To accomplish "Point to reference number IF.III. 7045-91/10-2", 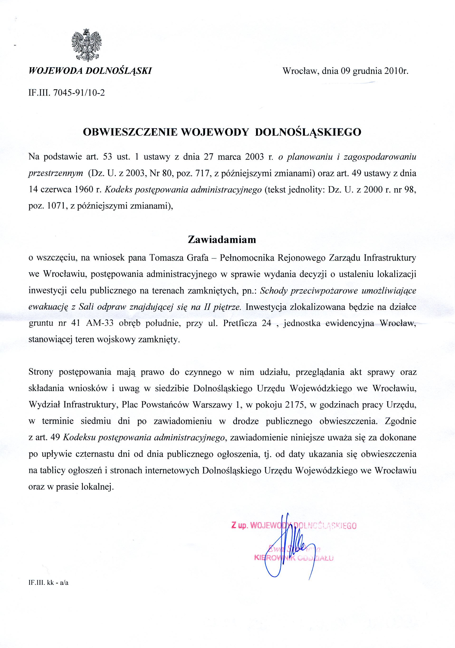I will pyautogui.click(x=67, y=93).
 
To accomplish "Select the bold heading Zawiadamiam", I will pyautogui.click(x=222, y=240).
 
